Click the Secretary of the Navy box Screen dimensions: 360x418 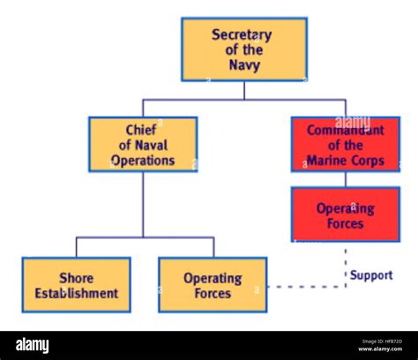244,49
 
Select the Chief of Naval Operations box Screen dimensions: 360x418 143,144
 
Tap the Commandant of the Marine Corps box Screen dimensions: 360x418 346,144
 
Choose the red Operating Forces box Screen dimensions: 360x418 346,214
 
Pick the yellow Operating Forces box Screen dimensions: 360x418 213,285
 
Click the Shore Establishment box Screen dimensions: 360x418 77,285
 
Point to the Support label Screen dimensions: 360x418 370,275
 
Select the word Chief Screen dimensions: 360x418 142,130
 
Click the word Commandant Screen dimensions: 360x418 346,130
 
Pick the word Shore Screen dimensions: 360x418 77,277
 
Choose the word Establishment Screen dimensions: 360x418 77,293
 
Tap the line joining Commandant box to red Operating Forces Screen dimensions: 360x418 346,179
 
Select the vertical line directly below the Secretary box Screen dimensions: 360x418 244,90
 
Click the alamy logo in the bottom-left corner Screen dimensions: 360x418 33,346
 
